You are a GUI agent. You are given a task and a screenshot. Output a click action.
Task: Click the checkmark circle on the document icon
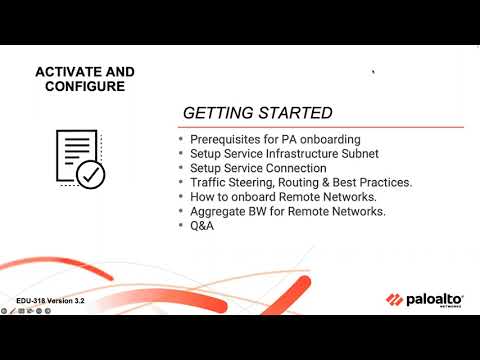[91, 175]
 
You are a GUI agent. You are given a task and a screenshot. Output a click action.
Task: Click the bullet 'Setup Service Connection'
[251, 168]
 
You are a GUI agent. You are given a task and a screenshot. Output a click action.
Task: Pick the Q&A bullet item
[201, 226]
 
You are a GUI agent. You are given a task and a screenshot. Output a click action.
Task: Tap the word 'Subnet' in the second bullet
[338, 154]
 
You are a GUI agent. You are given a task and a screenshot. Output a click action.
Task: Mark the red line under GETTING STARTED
[320, 128]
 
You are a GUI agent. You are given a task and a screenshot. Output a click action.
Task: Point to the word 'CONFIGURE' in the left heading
[85, 86]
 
